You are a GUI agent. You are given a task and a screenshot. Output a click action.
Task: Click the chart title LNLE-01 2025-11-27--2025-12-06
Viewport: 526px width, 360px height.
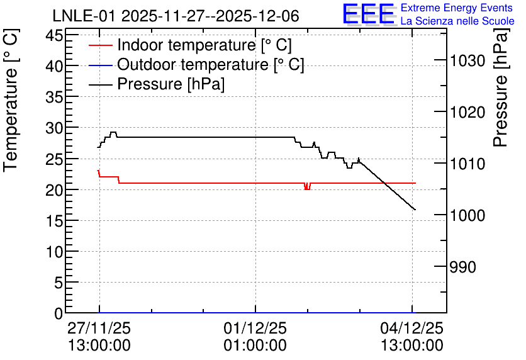click(176, 16)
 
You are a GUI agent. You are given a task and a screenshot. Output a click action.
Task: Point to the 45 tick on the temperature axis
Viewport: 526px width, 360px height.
click(54, 35)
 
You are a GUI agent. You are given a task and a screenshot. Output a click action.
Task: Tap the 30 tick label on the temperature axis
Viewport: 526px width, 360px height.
click(54, 128)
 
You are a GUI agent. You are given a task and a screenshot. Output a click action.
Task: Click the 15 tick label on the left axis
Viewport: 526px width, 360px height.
click(54, 221)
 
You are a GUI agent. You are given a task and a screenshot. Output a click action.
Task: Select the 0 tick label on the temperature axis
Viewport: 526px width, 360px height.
click(59, 313)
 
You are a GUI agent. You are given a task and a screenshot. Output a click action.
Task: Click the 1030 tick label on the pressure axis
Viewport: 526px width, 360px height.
click(467, 61)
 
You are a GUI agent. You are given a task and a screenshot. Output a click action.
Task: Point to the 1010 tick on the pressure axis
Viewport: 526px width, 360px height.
click(467, 164)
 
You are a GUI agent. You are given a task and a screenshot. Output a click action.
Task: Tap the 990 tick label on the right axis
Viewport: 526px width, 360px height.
click(463, 267)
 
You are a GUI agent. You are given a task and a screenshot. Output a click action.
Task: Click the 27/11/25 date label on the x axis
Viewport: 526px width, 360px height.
click(99, 328)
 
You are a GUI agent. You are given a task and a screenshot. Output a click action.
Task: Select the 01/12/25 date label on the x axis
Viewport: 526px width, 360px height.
click(255, 328)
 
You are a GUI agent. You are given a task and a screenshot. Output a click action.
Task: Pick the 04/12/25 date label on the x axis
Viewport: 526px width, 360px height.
click(412, 328)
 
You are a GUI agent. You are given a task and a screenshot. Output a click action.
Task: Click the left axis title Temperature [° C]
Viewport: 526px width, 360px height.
click(11, 101)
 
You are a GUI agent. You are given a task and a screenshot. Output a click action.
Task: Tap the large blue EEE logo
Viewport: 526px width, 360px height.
click(369, 14)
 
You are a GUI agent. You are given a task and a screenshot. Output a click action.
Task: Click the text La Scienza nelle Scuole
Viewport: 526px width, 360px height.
click(457, 21)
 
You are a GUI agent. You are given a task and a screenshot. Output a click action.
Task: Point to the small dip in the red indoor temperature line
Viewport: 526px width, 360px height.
click(307, 186)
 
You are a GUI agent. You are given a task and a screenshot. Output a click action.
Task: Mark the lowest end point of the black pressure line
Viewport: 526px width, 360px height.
click(415, 210)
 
